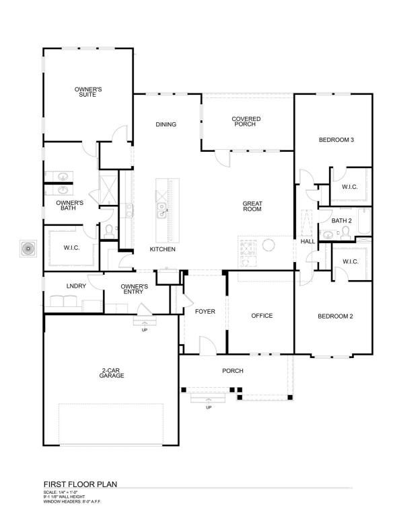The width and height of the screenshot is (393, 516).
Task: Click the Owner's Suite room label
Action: [x=87, y=92]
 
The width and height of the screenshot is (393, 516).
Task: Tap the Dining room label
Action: [x=166, y=124]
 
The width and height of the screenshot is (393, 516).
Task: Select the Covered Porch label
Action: [x=246, y=122]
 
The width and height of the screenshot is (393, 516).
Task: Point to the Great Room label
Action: [x=252, y=206]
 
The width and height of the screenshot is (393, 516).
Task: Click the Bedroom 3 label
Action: [x=336, y=140]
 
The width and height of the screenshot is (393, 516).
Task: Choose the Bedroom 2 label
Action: [x=336, y=316]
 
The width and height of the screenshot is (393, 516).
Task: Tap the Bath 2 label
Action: [x=341, y=220]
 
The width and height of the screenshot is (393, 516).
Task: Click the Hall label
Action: [x=308, y=241]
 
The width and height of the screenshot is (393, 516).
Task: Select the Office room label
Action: [x=262, y=316]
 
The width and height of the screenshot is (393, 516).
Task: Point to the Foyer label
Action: [x=205, y=312]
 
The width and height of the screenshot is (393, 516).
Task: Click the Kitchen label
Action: [x=162, y=249]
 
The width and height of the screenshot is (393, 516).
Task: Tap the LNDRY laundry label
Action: [x=76, y=287]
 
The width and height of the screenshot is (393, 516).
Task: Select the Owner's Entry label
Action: [x=135, y=289]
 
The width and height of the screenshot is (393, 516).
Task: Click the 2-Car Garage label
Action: [x=112, y=374]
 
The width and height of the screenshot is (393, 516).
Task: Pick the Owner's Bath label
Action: [x=69, y=205]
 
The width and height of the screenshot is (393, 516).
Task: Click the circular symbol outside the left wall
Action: [x=28, y=249]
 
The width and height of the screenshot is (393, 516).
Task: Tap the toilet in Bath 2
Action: [x=345, y=232]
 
